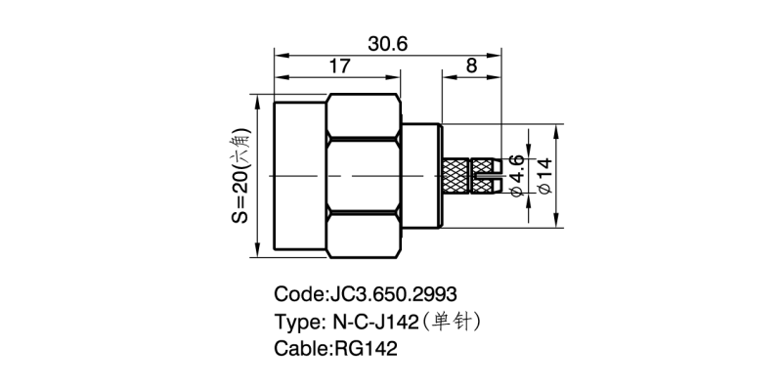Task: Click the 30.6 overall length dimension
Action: point(387,43)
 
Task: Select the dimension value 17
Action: point(339,67)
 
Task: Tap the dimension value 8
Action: point(472,67)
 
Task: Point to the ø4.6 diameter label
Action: point(518,176)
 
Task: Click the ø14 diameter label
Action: point(544,176)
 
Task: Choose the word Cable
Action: point(300,348)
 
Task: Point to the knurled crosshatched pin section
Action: point(456,176)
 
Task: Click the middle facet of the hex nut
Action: point(364,176)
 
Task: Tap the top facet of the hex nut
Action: point(364,116)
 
